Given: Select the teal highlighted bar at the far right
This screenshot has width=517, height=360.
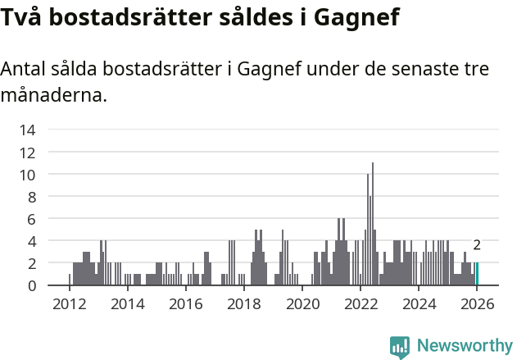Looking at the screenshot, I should [x=477, y=275].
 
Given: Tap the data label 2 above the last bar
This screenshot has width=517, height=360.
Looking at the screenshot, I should [x=477, y=245].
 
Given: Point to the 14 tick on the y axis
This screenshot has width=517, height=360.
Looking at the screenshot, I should [x=27, y=130].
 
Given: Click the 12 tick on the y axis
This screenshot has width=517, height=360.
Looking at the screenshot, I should [x=27, y=153].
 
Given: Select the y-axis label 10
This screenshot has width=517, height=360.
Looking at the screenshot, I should [x=27, y=175].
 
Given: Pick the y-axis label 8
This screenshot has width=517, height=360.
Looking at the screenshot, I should [x=31, y=197].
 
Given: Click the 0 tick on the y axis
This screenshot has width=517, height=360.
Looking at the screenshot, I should [x=31, y=285].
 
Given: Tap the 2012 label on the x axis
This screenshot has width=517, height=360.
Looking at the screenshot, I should [x=69, y=304].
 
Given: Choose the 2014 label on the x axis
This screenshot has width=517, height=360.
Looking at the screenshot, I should [x=127, y=304].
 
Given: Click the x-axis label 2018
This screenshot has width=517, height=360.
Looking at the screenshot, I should [x=243, y=304].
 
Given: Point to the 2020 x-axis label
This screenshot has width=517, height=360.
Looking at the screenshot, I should [x=302, y=304].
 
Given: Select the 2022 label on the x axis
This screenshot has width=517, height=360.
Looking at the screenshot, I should [x=361, y=304].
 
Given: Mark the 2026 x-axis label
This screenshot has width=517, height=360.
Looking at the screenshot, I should [x=477, y=304].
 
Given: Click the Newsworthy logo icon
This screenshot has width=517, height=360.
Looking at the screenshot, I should [x=400, y=347].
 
